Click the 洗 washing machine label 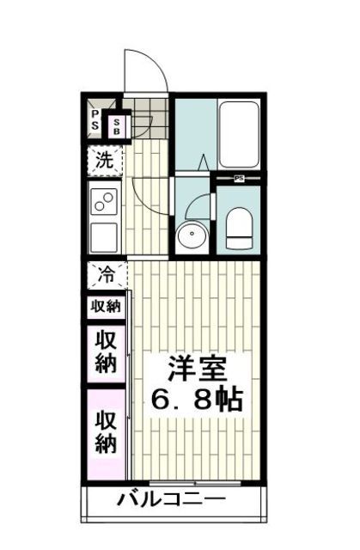[104, 160]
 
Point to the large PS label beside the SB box [95, 121]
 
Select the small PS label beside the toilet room [240, 179]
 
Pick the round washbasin [192, 235]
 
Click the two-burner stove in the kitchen [105, 202]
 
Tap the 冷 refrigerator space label [106, 277]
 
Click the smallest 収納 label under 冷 [106, 307]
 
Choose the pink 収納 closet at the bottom [106, 432]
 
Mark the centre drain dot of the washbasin [192, 236]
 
